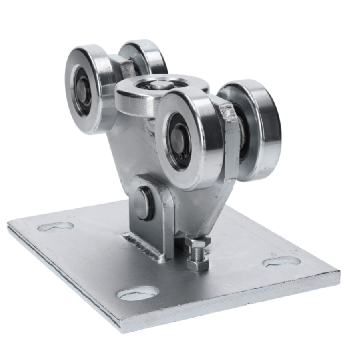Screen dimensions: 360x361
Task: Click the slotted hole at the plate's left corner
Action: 55,227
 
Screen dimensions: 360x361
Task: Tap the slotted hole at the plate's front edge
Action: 137,293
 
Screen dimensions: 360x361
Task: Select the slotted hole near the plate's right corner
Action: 281,262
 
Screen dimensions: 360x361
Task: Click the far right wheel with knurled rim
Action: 256,128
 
